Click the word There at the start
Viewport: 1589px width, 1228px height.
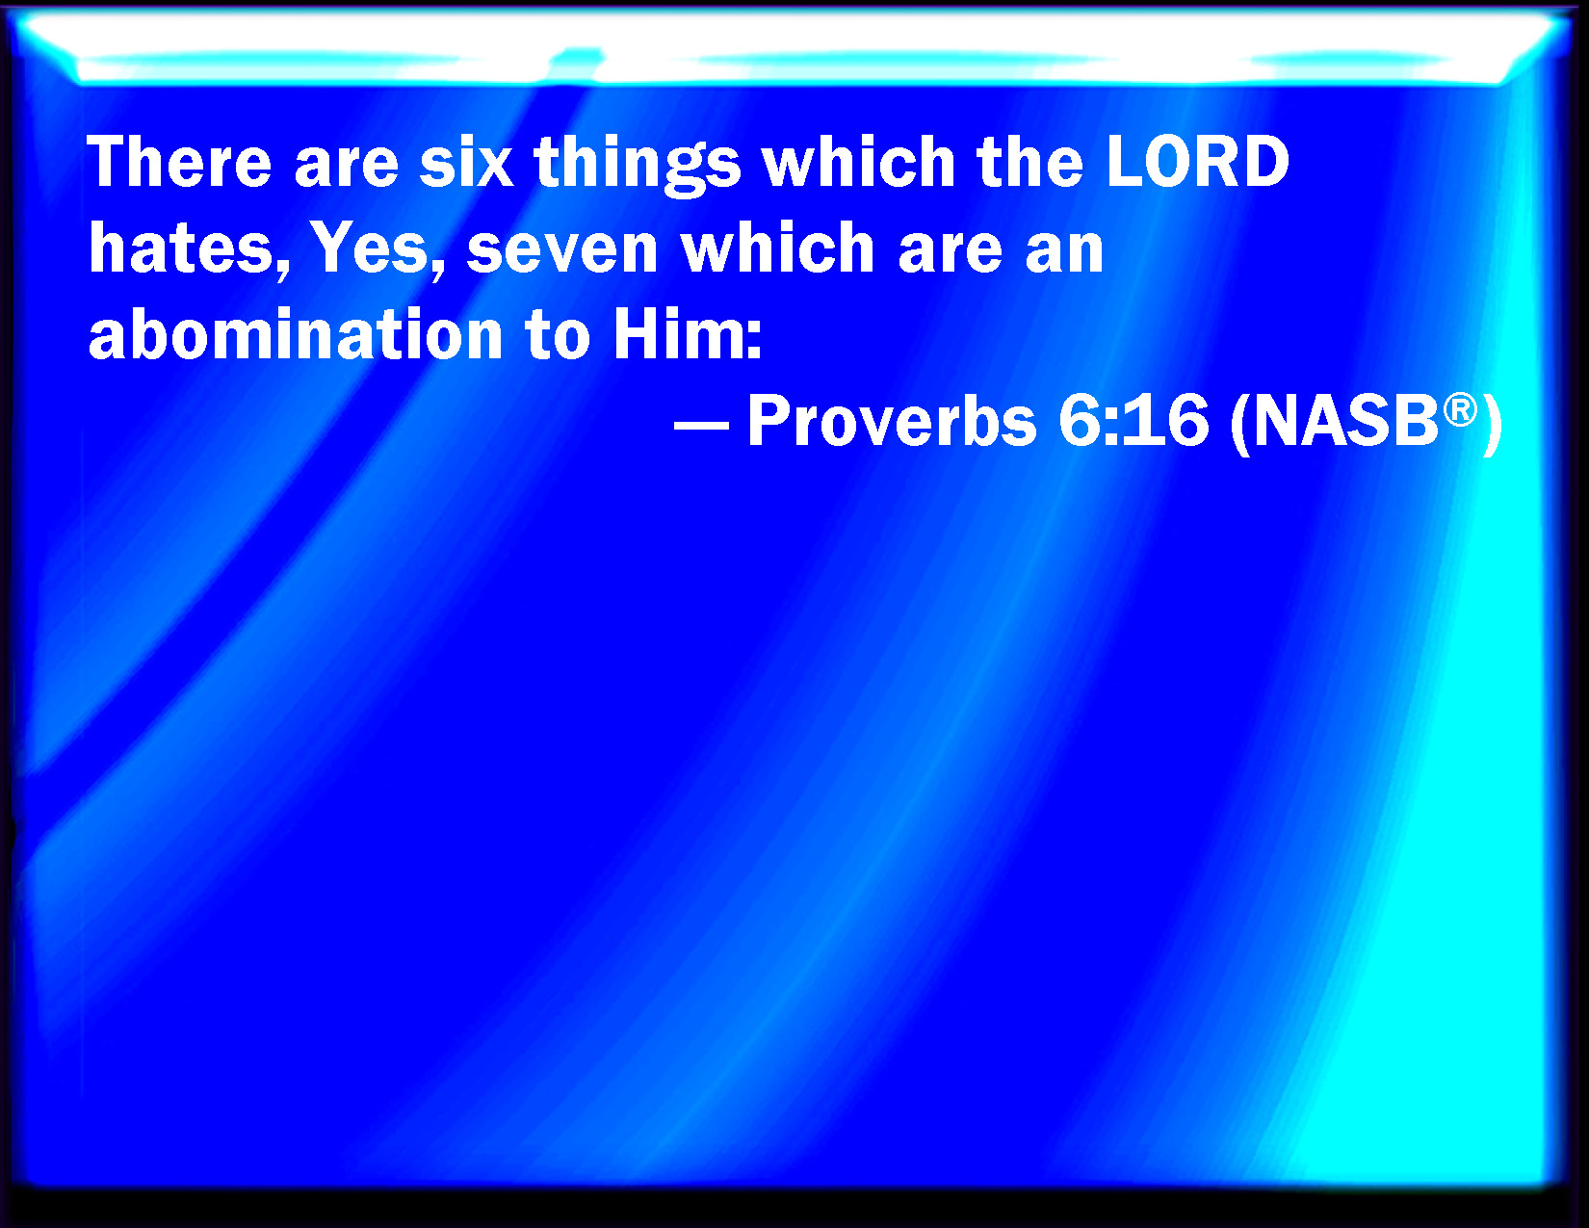pyautogui.click(x=180, y=162)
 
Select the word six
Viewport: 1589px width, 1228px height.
pyautogui.click(x=466, y=162)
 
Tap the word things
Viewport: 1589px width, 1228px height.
pyautogui.click(x=638, y=166)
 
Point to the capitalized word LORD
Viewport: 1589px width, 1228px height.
pyautogui.click(x=1197, y=162)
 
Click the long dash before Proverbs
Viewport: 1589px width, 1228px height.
pyautogui.click(x=701, y=425)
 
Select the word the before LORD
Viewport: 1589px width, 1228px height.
pyautogui.click(x=1029, y=162)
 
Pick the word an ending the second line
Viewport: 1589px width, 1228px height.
pyautogui.click(x=1065, y=253)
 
